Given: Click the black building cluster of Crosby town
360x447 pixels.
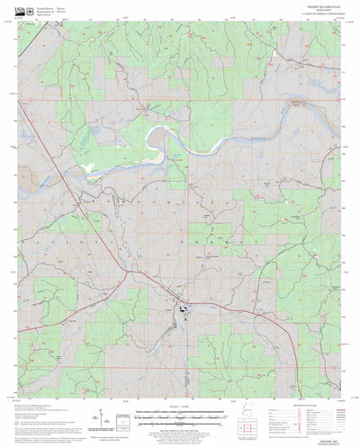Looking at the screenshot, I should point(183,312).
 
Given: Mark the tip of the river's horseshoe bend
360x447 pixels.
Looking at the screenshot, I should point(150,137).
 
